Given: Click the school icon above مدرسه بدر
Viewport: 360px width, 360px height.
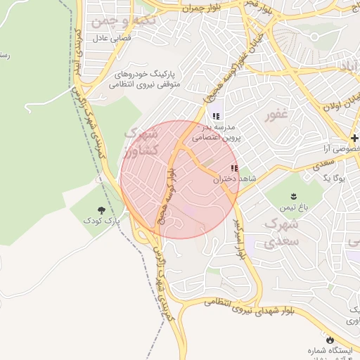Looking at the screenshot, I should point(215,116).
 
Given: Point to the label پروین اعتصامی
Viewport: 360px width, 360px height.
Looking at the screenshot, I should point(217,139).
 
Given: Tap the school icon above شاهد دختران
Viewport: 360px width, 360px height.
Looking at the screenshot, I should point(234,168).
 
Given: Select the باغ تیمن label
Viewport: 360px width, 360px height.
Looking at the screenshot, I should point(294,207).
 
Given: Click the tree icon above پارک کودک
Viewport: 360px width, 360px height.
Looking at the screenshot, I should point(102,210).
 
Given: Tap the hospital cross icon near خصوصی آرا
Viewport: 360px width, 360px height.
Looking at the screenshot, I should point(356,136).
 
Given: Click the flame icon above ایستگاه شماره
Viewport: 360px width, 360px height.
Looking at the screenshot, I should point(330,338).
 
